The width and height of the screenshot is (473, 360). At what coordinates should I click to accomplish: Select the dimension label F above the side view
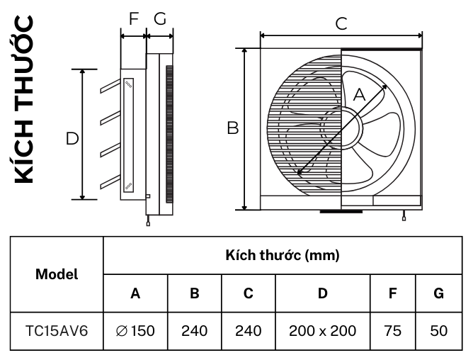[x=133, y=19]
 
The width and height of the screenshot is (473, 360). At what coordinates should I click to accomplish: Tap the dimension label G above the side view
[x=160, y=19]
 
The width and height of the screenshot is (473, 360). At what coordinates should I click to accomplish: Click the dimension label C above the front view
[x=341, y=23]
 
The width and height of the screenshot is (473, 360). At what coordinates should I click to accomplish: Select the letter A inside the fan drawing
[x=358, y=94]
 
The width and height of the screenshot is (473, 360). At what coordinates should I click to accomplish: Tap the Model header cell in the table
[x=57, y=274]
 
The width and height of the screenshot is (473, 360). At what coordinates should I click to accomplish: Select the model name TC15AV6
[x=57, y=330]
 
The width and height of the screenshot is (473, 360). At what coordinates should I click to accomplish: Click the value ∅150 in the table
[x=136, y=330]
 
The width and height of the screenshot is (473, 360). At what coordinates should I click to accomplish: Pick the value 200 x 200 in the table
[x=322, y=330]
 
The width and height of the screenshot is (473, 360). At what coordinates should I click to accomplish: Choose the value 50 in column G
[x=438, y=330]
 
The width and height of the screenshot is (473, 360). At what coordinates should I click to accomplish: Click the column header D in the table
[x=322, y=293]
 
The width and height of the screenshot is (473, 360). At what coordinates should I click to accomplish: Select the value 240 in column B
[x=195, y=330]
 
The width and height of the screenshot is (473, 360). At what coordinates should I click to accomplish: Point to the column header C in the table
[x=248, y=293]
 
